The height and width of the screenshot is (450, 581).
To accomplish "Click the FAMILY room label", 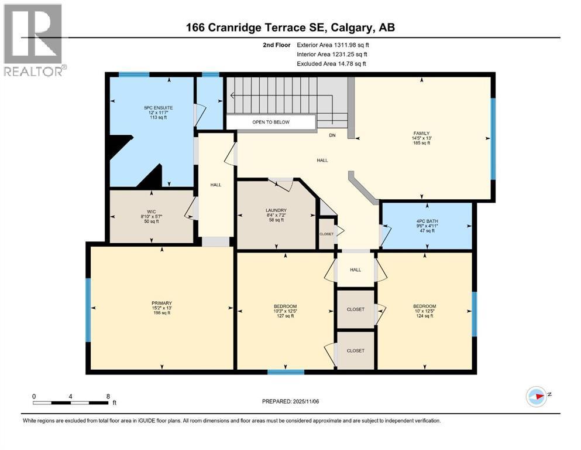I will click(421, 134).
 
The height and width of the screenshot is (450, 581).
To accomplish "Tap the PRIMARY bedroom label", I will click(161, 303).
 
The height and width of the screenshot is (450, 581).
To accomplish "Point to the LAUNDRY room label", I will click(276, 210).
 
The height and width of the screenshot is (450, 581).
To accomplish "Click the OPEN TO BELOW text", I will click(270, 122).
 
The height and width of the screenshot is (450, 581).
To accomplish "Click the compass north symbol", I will click(537, 397).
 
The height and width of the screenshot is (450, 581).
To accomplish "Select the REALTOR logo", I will click(33, 40).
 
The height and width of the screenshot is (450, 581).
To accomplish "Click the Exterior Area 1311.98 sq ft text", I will click(333, 45).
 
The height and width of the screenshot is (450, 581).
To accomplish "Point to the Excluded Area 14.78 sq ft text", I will click(333, 64).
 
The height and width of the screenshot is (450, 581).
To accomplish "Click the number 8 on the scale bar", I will click(108, 397).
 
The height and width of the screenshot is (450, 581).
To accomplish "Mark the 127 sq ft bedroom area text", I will click(285, 316).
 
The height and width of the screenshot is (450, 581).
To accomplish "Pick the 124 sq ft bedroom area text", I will click(424, 316).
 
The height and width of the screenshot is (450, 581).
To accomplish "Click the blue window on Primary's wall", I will click(88, 309).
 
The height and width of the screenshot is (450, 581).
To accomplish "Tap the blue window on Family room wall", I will click(493, 138).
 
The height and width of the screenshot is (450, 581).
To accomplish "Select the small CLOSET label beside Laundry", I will click(326, 234).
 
